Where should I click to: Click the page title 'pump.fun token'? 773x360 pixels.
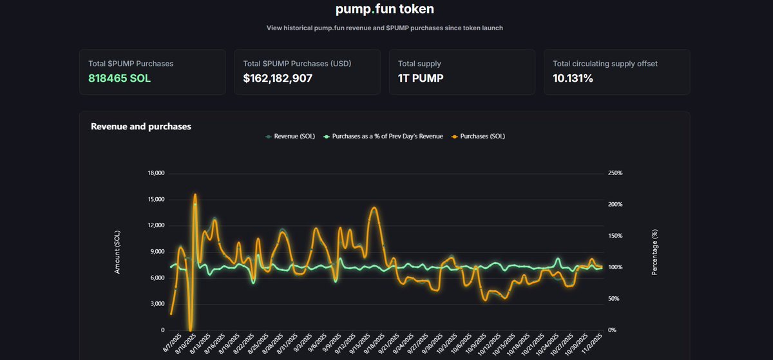tap(385, 9)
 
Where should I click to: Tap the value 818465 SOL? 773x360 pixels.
tap(120, 79)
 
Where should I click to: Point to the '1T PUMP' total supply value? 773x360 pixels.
tap(421, 79)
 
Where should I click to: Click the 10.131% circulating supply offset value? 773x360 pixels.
tap(573, 79)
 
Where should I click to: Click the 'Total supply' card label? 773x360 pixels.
tap(419, 64)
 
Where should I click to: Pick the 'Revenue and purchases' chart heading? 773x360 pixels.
tap(141, 127)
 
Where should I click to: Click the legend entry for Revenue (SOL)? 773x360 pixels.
tap(291, 137)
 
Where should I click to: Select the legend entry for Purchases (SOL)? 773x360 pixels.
tap(477, 137)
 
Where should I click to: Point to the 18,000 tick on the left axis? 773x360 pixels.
tap(156, 173)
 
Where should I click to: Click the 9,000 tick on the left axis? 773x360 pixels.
tap(158, 252)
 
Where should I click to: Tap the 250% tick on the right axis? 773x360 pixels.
tap(615, 173)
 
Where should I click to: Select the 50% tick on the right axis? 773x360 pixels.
tap(614, 299)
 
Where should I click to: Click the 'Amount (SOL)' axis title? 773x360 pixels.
tap(118, 252)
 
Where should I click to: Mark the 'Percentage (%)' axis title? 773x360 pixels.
tap(654, 252)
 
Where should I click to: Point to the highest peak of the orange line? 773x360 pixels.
tap(195, 194)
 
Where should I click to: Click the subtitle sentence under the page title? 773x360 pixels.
tap(385, 28)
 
